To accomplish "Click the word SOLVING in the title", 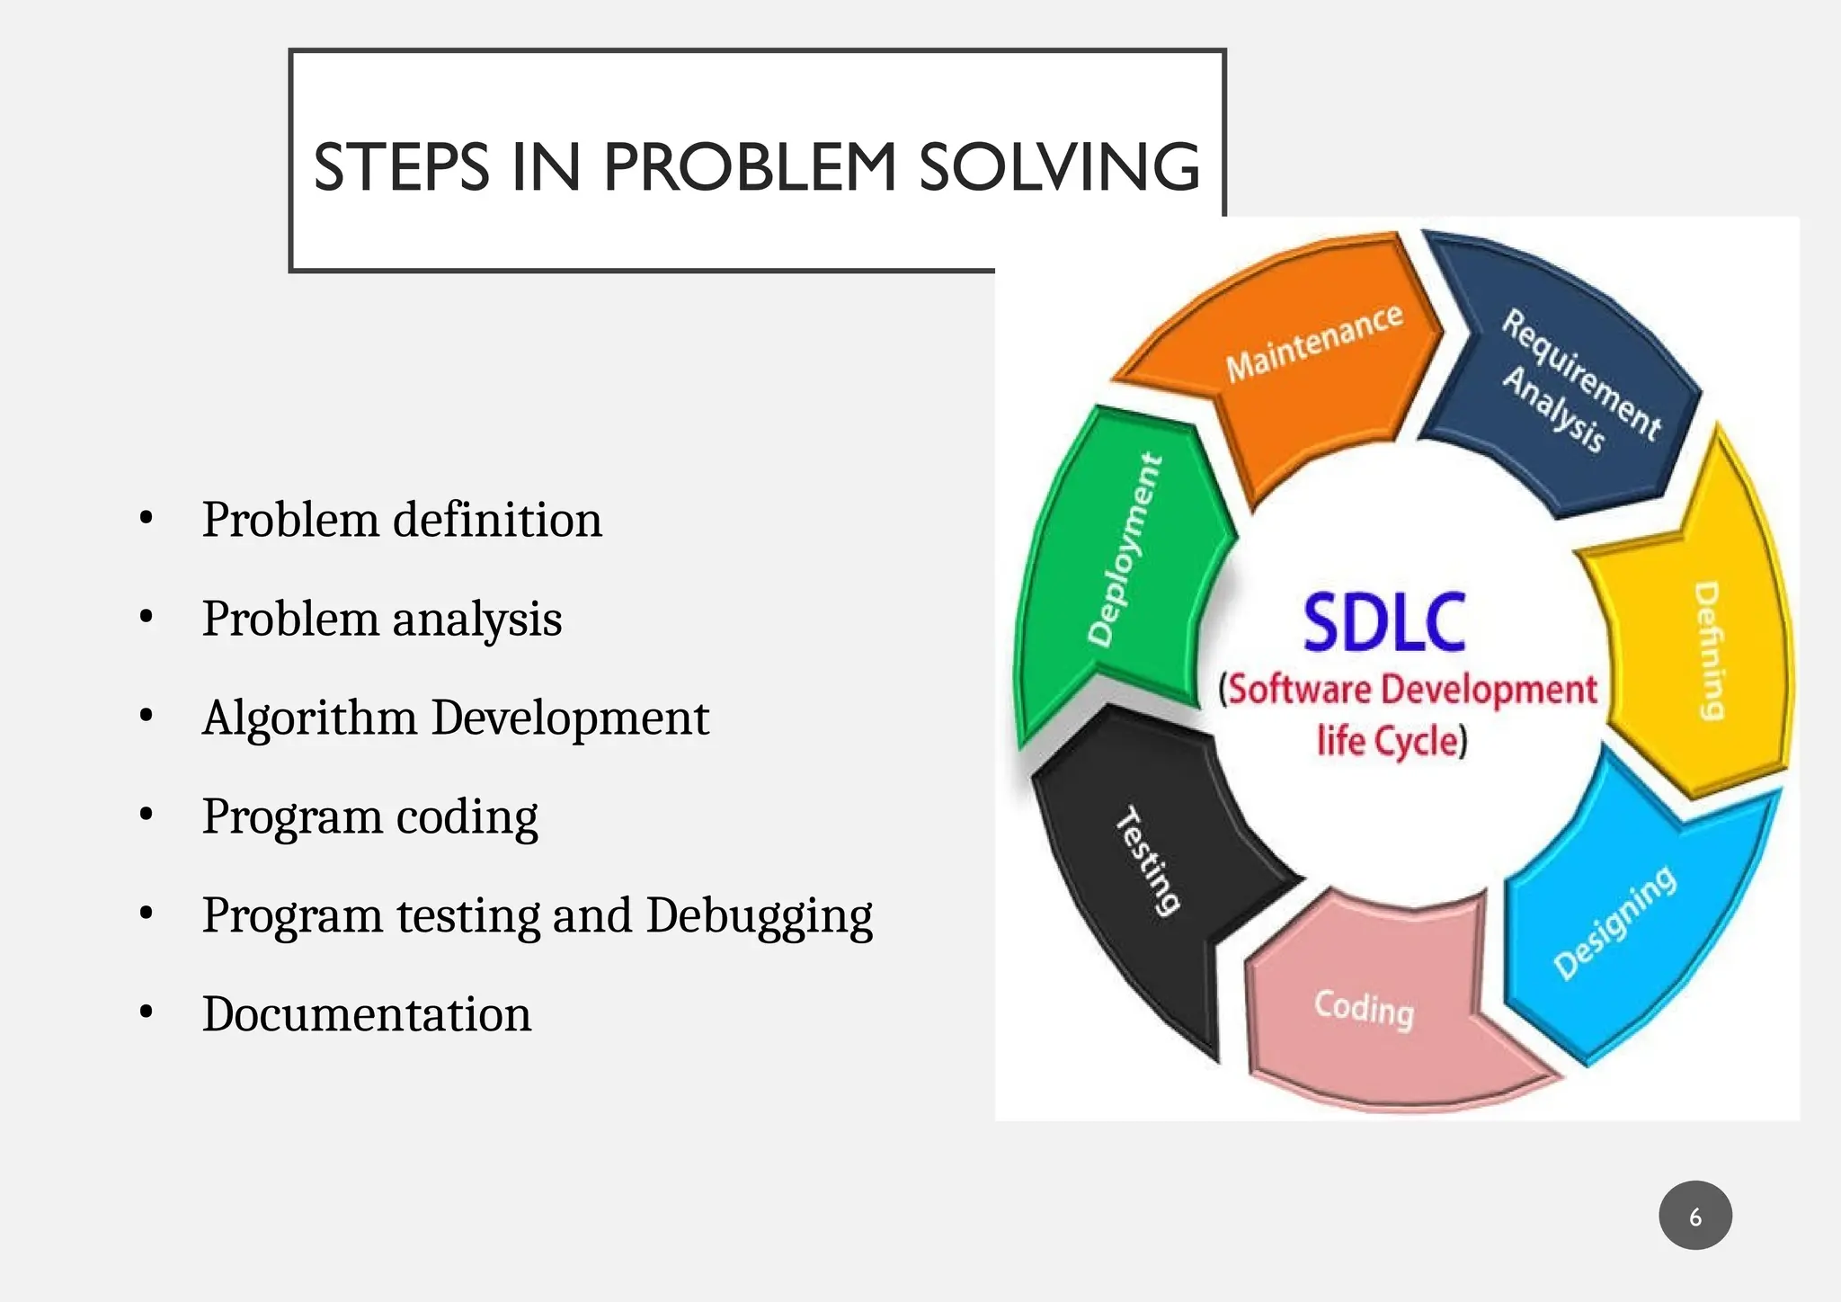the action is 1059,167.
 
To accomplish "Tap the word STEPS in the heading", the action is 401,167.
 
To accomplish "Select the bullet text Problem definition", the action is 402,520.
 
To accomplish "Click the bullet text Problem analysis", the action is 382,619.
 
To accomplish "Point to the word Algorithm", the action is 309,718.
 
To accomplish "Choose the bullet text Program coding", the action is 369,816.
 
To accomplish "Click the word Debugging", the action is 759,916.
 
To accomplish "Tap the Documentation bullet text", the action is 367,1014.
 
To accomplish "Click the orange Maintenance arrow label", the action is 1313,343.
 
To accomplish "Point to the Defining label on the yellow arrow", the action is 1709,651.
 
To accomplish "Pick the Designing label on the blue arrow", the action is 1614,922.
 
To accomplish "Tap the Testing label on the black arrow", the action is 1147,861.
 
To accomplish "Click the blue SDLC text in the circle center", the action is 1384,622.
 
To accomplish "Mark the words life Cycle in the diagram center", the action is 1392,742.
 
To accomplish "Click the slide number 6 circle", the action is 1694,1216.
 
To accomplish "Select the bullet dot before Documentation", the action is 147,1012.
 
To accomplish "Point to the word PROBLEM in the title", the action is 750,167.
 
